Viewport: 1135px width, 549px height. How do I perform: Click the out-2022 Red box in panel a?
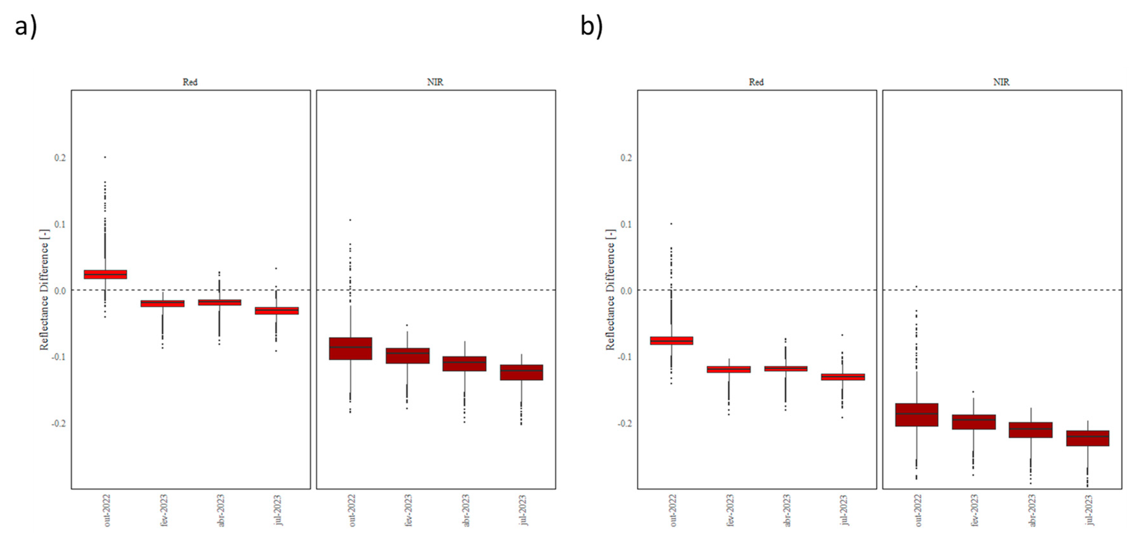point(105,274)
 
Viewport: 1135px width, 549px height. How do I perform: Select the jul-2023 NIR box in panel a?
point(521,372)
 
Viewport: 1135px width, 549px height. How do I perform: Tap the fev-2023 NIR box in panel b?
point(974,422)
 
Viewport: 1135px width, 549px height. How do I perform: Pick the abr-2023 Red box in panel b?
point(786,368)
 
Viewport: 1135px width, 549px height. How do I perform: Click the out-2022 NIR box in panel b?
point(916,415)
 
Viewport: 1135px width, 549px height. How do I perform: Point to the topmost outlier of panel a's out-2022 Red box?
point(105,157)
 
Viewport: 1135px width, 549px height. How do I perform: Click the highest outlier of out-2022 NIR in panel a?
point(350,219)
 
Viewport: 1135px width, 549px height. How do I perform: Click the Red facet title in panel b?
point(756,82)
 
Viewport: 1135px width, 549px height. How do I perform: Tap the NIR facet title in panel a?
point(435,82)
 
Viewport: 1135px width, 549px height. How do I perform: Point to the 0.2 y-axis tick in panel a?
point(60,158)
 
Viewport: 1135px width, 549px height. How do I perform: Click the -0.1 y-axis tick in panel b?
point(625,357)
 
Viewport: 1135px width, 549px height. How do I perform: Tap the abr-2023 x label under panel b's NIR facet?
point(1031,510)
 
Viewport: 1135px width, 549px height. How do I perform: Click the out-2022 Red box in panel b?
point(672,341)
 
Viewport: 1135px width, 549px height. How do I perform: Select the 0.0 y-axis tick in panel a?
point(60,291)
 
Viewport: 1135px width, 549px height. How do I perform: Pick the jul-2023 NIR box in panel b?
point(1087,438)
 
